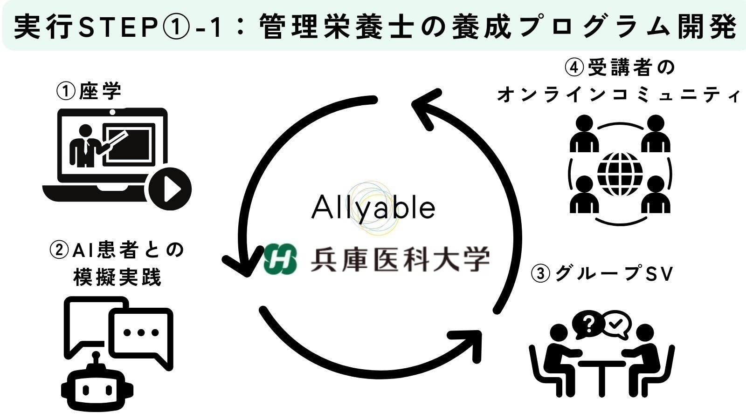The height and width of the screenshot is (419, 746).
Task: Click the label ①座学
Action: [x=89, y=91]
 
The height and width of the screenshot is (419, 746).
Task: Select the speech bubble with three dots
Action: [x=141, y=333]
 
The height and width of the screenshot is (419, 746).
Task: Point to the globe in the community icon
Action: [x=620, y=175]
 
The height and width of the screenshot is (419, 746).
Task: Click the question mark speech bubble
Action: [x=588, y=324]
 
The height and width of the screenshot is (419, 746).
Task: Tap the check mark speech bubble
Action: [x=616, y=323]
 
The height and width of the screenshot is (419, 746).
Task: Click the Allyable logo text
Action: [x=373, y=208]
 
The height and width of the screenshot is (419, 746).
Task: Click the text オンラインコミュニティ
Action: [x=618, y=95]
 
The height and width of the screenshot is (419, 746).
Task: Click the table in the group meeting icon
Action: [x=601, y=372]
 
